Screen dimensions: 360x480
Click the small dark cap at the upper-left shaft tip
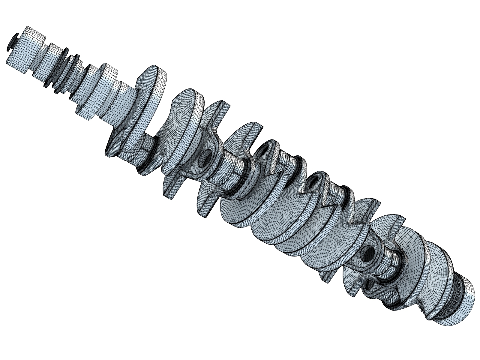[x=11, y=43]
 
